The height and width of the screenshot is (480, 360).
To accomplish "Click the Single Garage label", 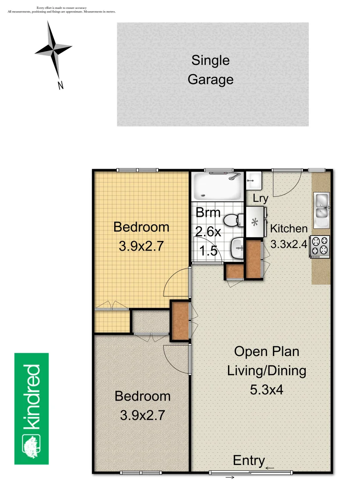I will [x=210, y=70].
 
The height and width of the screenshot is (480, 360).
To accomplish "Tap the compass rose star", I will [x=54, y=48].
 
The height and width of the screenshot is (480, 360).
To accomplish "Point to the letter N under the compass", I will [x=60, y=85].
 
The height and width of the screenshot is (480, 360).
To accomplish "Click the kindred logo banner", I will [x=32, y=408].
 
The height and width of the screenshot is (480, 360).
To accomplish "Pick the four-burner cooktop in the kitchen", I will [x=320, y=246].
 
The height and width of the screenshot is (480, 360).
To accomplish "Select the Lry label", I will [x=260, y=199].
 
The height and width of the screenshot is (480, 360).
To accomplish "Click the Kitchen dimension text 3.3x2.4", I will [x=289, y=244].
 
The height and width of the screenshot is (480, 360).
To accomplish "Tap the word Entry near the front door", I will [x=249, y=460].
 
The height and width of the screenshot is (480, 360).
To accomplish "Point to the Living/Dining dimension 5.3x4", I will [x=266, y=390].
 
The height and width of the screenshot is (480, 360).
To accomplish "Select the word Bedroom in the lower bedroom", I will [x=142, y=396].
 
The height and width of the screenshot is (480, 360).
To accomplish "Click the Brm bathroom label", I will [x=208, y=212].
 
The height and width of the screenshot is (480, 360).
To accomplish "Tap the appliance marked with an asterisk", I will [x=255, y=222].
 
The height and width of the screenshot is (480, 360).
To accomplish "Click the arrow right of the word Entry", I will [x=270, y=467].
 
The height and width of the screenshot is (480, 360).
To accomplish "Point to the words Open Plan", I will [x=266, y=352].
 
